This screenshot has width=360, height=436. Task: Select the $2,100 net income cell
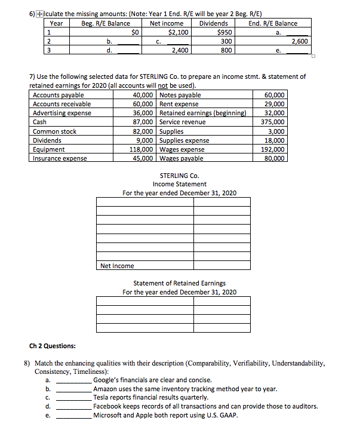(179, 32)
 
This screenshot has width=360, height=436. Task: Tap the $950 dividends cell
(224, 32)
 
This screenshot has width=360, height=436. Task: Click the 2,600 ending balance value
(299, 42)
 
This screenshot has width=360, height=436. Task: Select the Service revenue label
(183, 122)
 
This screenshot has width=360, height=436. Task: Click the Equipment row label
(49, 149)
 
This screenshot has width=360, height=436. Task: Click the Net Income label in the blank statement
(117, 266)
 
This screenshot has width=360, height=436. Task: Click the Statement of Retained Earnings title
(179, 283)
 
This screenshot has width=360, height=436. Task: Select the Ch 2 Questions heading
(53, 346)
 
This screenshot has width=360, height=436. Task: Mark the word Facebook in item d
(109, 406)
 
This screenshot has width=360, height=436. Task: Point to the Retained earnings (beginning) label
(202, 113)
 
